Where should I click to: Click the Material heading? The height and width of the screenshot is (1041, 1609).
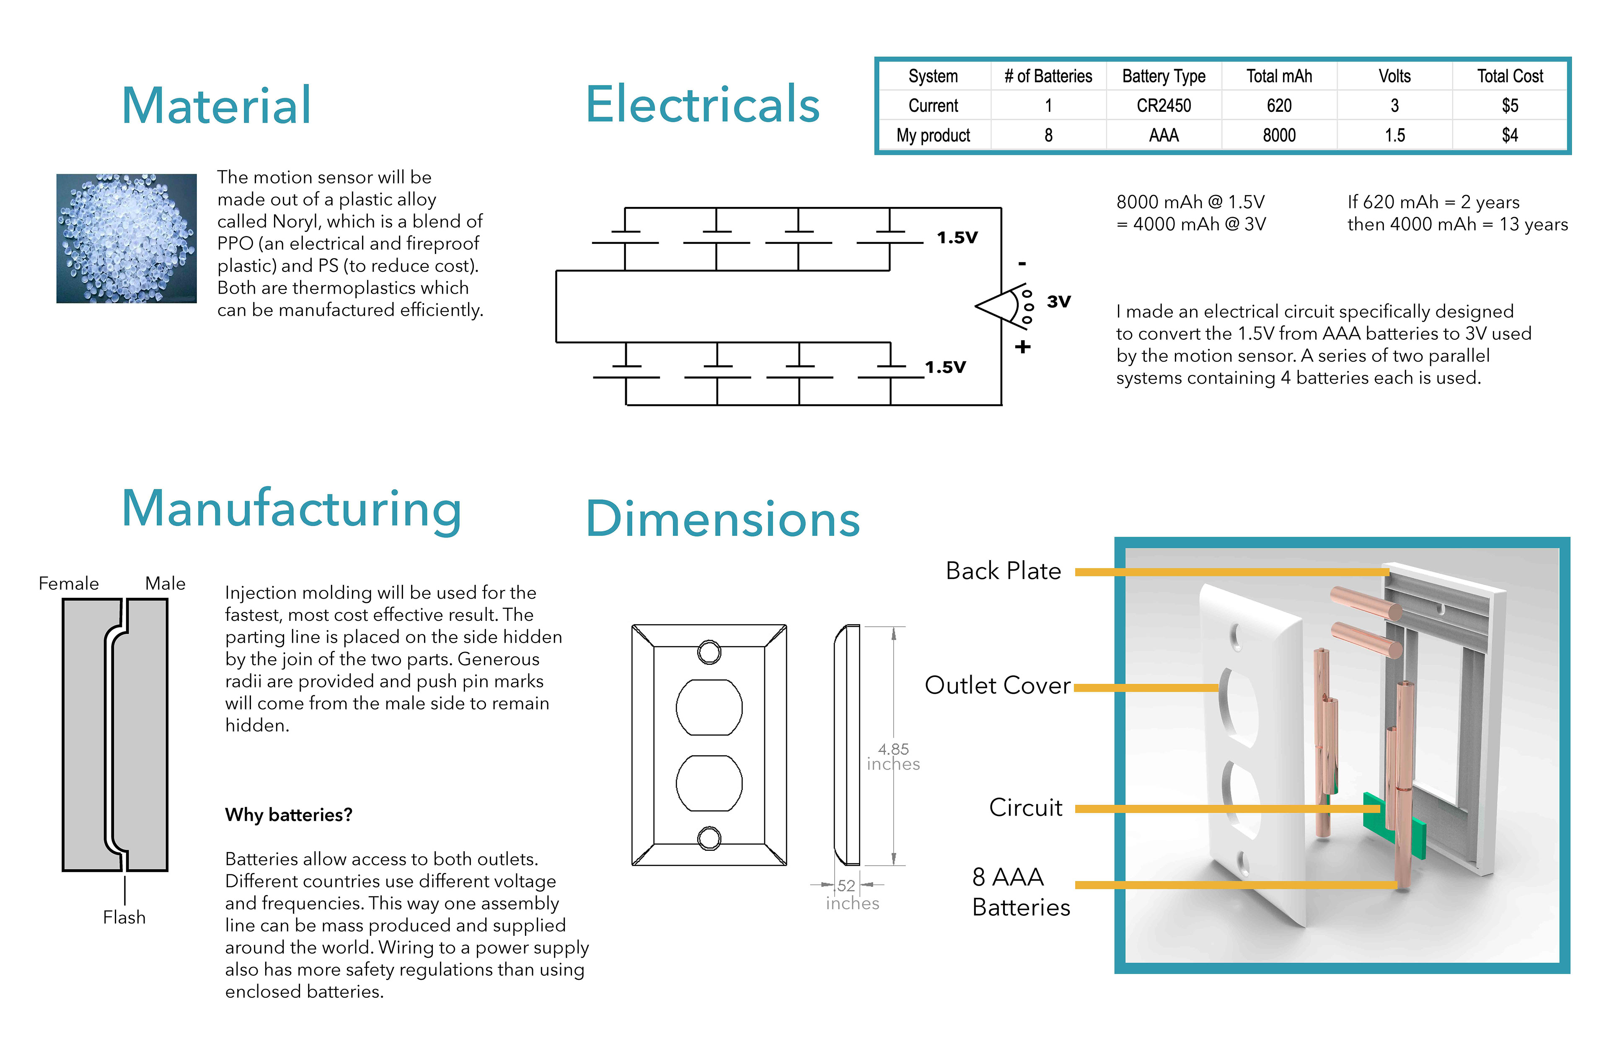(x=216, y=106)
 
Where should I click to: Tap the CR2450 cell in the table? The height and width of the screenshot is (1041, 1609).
(x=1164, y=106)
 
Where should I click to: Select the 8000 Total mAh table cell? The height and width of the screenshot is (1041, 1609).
(x=1279, y=135)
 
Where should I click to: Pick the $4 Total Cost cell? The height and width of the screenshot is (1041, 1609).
(x=1510, y=135)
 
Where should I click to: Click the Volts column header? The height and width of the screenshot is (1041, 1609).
(x=1395, y=76)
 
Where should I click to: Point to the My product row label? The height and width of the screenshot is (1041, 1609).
(x=933, y=135)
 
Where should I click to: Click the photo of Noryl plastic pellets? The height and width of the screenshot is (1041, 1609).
(x=127, y=238)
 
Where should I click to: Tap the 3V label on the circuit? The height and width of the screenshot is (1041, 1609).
(x=1059, y=302)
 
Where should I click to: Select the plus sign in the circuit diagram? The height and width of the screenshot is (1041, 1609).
(x=1023, y=347)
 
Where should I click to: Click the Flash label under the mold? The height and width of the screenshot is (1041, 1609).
(x=124, y=917)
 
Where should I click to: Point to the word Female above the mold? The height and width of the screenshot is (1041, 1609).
(x=68, y=584)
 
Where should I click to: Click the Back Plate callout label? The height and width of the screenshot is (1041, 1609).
(x=1003, y=571)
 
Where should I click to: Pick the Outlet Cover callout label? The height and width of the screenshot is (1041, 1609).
(x=998, y=685)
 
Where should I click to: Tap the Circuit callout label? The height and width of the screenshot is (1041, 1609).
(x=1026, y=808)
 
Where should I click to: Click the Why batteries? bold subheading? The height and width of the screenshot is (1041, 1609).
(x=289, y=814)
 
